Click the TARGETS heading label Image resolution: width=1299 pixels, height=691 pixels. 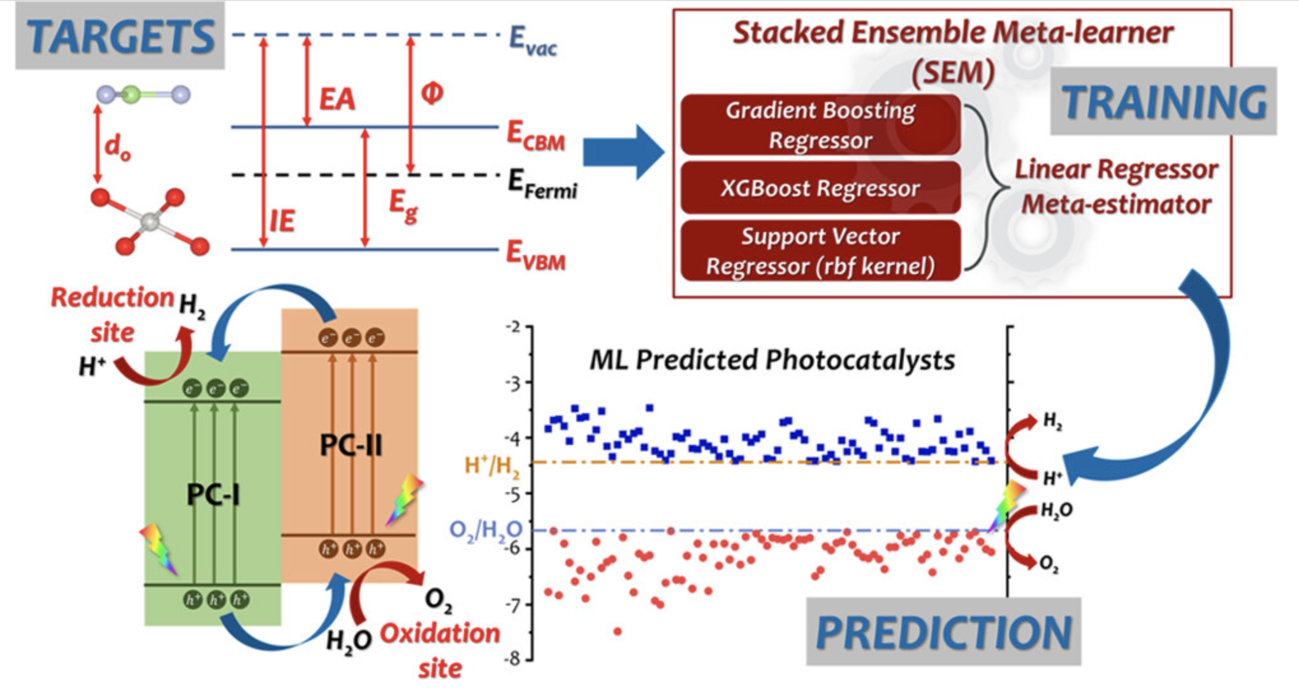click(x=120, y=36)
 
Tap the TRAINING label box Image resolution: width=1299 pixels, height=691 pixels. click(x=1163, y=101)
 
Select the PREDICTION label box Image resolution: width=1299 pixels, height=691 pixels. click(x=943, y=632)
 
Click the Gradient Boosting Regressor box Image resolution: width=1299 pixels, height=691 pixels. click(x=820, y=125)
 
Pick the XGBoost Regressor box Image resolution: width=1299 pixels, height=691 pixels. click(x=820, y=188)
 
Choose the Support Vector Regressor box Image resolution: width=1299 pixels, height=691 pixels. click(x=820, y=251)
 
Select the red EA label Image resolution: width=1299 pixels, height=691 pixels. click(x=337, y=99)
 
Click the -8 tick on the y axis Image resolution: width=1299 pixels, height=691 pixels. click(x=513, y=659)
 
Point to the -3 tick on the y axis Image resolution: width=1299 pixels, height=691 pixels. click(x=513, y=382)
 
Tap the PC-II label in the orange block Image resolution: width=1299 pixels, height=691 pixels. click(x=351, y=444)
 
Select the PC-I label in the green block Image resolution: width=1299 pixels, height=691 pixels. click(x=213, y=494)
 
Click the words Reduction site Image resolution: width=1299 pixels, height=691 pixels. click(x=112, y=314)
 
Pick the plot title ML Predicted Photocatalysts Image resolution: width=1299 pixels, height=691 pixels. click(x=772, y=360)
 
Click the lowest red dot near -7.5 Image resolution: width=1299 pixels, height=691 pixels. click(x=617, y=632)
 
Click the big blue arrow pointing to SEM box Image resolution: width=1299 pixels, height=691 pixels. click(x=623, y=152)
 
